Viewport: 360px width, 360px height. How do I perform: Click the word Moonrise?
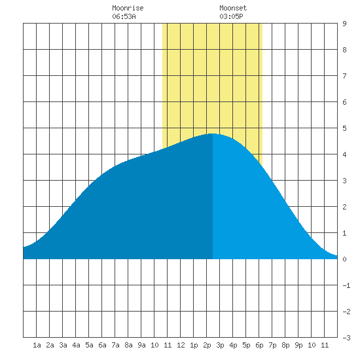click(x=128, y=8)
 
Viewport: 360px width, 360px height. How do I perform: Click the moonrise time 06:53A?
click(x=124, y=16)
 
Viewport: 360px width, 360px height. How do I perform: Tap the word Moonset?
click(x=233, y=8)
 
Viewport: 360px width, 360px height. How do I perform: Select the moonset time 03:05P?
click(x=231, y=16)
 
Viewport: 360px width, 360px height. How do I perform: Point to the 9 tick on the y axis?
click(x=344, y=24)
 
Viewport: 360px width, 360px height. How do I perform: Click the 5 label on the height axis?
click(x=344, y=128)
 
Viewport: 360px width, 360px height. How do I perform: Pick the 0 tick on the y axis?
click(x=344, y=259)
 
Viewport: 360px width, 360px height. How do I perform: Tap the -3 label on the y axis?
click(x=346, y=338)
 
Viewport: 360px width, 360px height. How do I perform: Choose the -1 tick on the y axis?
click(x=346, y=285)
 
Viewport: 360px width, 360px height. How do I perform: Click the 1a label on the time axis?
click(x=37, y=345)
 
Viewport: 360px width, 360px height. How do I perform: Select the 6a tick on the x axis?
click(x=102, y=345)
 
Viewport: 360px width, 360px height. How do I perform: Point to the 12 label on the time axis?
click(x=181, y=345)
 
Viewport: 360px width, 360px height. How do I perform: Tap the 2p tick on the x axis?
click(x=207, y=346)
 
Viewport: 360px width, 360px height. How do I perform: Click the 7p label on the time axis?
click(x=272, y=346)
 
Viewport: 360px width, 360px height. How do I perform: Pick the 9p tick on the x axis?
click(x=298, y=346)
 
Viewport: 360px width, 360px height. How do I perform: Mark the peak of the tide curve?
click(x=213, y=134)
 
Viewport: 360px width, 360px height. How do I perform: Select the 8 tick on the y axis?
click(x=344, y=50)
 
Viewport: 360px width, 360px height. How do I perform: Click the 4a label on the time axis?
click(x=76, y=345)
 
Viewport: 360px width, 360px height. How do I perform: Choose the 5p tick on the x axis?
click(x=246, y=346)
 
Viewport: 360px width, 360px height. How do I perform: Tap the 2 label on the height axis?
click(x=344, y=207)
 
